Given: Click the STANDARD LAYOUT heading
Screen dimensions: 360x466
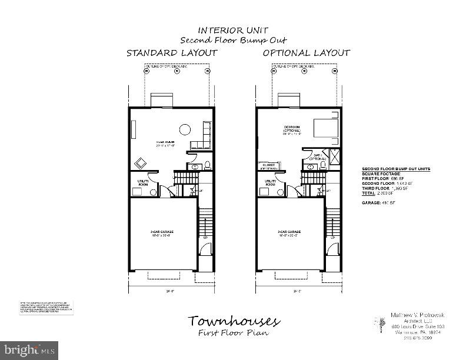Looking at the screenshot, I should click(172, 53).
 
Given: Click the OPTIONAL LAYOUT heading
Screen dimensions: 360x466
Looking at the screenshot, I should click(307, 53).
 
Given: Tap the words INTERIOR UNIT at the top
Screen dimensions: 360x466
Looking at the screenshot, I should click(234, 30).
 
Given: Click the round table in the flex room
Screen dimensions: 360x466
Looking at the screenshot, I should click(185, 130).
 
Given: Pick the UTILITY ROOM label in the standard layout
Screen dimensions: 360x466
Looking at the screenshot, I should click(143, 183).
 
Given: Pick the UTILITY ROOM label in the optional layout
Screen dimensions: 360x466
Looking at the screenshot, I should click(271, 183).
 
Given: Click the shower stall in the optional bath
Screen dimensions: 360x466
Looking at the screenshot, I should click(335, 156).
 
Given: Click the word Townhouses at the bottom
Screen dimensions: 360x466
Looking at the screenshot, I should click(234, 321).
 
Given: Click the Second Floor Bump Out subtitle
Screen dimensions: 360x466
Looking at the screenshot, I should click(234, 40).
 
